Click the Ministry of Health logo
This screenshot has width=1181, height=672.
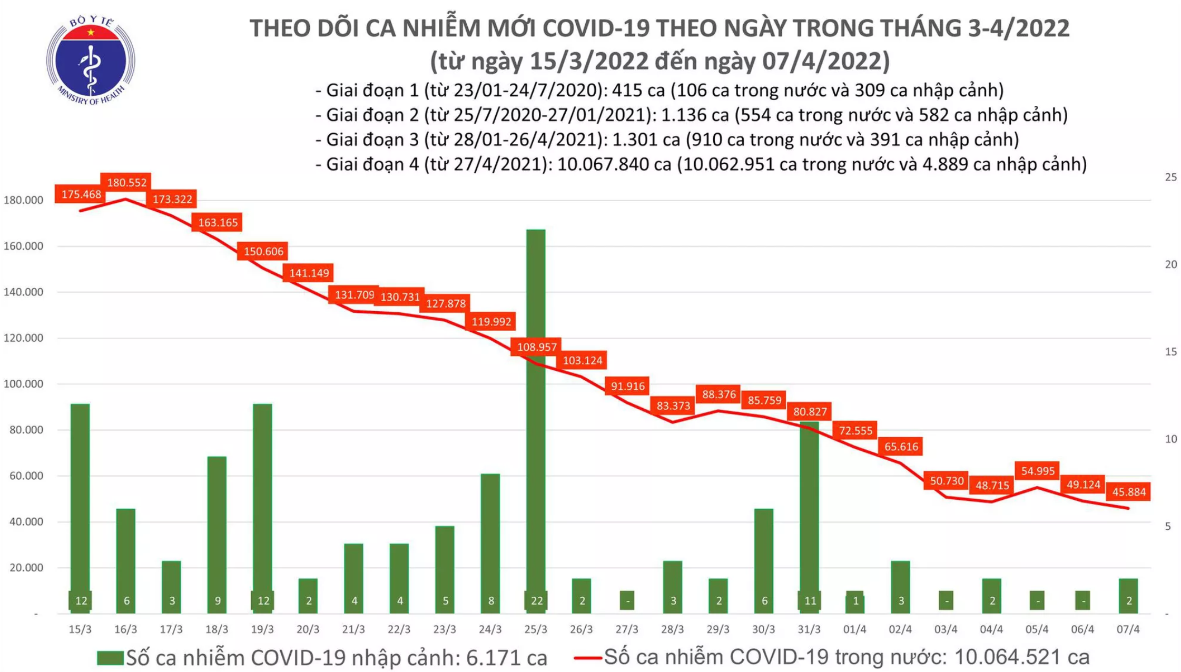pyautogui.click(x=91, y=61)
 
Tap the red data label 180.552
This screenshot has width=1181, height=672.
pyautogui.click(x=126, y=183)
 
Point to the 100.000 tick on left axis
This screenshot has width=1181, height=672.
pyautogui.click(x=23, y=384)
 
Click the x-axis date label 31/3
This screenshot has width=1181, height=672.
pyautogui.click(x=809, y=629)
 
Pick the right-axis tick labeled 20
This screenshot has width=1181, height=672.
pyautogui.click(x=1170, y=264)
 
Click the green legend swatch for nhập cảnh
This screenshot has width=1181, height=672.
pyautogui.click(x=110, y=658)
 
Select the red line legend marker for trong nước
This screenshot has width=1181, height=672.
pyautogui.click(x=587, y=658)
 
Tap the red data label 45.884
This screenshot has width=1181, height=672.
pyautogui.click(x=1129, y=492)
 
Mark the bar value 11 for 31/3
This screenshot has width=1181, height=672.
pyautogui.click(x=810, y=600)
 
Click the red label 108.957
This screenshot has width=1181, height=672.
pyautogui.click(x=536, y=347)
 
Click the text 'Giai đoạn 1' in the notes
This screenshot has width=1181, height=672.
pyautogui.click(x=372, y=91)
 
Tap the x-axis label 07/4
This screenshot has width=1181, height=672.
pyautogui.click(x=1128, y=629)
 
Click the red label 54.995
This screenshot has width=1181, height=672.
pyautogui.click(x=1037, y=471)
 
